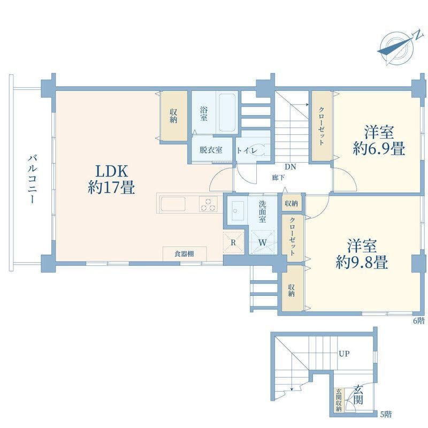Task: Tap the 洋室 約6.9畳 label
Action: pyautogui.click(x=379, y=140)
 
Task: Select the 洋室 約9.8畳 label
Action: pyautogui.click(x=362, y=254)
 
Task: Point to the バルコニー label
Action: pyautogui.click(x=32, y=179)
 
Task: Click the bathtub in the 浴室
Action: pyautogui.click(x=227, y=112)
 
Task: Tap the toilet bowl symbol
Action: pyautogui.click(x=257, y=150)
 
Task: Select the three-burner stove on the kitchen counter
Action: pyautogui.click(x=208, y=204)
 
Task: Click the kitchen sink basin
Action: pyautogui.click(x=173, y=204)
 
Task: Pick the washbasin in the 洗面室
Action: pyautogui.click(x=238, y=211)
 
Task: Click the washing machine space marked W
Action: pyautogui.click(x=262, y=242)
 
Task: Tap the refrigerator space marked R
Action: pyautogui.click(x=233, y=242)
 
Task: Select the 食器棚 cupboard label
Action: pyautogui.click(x=184, y=254)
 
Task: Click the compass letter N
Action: pyautogui.click(x=417, y=35)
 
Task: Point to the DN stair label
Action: pyautogui.click(x=291, y=167)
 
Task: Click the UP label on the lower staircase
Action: pyautogui.click(x=344, y=354)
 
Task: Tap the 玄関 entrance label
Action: pyautogui.click(x=358, y=394)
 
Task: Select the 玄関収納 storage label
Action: pyautogui.click(x=339, y=400)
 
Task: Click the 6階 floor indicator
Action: pyautogui.click(x=419, y=320)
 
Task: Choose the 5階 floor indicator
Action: pyautogui.click(x=386, y=414)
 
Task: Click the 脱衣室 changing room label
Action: pyautogui.click(x=211, y=150)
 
